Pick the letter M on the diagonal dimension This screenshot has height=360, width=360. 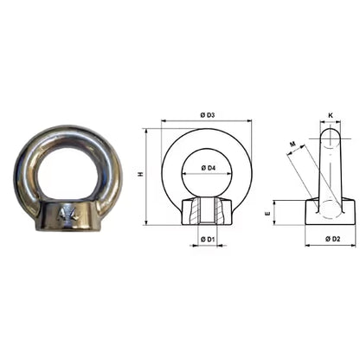[x=293, y=145]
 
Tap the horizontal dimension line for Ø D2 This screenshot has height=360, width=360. [x=330, y=245]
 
